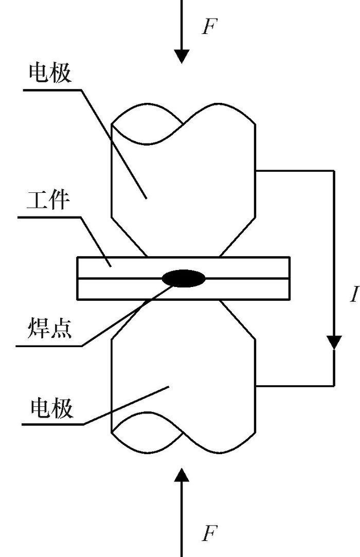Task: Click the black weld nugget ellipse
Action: [184, 279]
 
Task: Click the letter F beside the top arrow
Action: [208, 27]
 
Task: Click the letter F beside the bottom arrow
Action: [208, 533]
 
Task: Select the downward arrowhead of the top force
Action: [182, 56]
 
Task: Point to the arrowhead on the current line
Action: [334, 342]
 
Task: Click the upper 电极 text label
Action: [50, 74]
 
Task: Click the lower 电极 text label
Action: [52, 408]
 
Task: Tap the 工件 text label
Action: [47, 200]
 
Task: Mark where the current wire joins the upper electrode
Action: [256, 170]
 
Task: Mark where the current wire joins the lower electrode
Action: [256, 386]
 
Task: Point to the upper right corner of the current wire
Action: [334, 170]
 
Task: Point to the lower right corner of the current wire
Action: [334, 386]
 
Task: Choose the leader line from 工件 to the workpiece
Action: [95, 242]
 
